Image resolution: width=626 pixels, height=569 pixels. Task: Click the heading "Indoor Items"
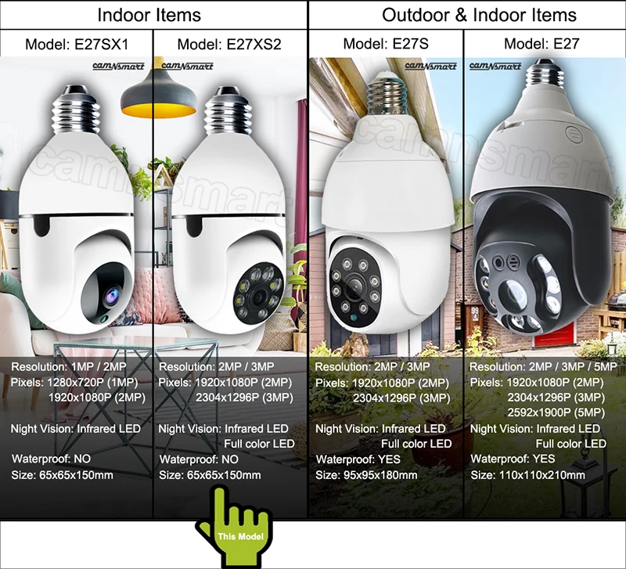(149, 15)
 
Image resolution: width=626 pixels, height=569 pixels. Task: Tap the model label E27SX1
(77, 44)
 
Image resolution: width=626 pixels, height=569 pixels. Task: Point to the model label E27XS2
(229, 44)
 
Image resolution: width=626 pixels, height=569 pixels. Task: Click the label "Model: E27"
(541, 44)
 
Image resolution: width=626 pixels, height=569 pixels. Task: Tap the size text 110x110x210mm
(527, 475)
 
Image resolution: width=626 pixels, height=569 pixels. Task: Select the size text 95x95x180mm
(366, 475)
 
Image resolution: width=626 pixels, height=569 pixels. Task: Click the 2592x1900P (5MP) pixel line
(556, 412)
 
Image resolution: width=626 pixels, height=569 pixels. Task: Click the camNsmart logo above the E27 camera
(495, 67)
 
